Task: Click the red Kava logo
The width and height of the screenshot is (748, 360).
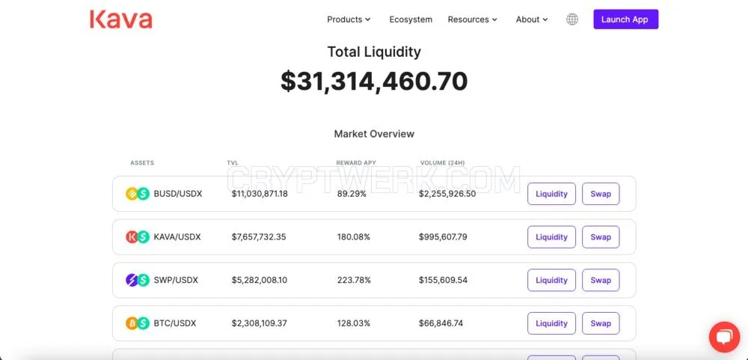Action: click(121, 19)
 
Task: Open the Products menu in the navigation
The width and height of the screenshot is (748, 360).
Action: click(349, 19)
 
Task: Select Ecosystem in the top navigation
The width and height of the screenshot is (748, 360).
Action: click(411, 19)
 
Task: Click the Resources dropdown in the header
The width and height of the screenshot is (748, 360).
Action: click(472, 19)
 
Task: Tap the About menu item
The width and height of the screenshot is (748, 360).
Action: click(532, 19)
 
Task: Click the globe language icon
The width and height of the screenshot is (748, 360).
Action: click(572, 19)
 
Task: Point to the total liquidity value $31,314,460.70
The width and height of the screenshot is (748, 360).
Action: click(374, 81)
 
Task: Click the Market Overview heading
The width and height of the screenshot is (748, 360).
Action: click(374, 134)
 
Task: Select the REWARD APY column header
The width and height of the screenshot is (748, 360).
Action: click(356, 163)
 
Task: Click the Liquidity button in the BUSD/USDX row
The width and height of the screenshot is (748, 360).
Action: click(551, 194)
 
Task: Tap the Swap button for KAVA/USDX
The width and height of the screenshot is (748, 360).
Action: click(601, 237)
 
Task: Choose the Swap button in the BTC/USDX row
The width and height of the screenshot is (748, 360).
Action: click(601, 323)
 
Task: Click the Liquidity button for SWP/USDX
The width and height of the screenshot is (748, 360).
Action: click(551, 280)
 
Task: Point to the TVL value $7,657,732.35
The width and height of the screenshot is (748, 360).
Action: click(259, 237)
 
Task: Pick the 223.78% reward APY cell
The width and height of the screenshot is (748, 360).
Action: click(354, 280)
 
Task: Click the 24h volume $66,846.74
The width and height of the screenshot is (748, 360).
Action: click(441, 323)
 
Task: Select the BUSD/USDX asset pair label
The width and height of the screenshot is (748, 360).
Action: click(178, 194)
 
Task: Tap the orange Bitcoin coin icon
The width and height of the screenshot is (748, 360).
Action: click(132, 323)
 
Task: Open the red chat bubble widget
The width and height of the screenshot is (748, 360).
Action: click(724, 337)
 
